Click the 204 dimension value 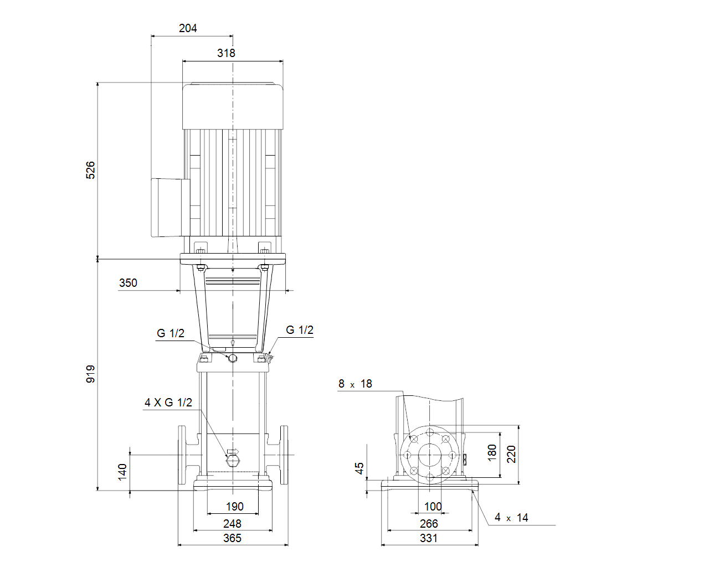[188, 28]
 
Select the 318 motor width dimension [226, 53]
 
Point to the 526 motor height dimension [90, 171]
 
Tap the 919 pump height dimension [90, 374]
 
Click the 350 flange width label [128, 283]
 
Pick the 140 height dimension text [122, 472]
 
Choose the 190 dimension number [234, 507]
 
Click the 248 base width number [232, 523]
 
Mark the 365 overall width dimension [232, 538]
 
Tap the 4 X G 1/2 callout [168, 403]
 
